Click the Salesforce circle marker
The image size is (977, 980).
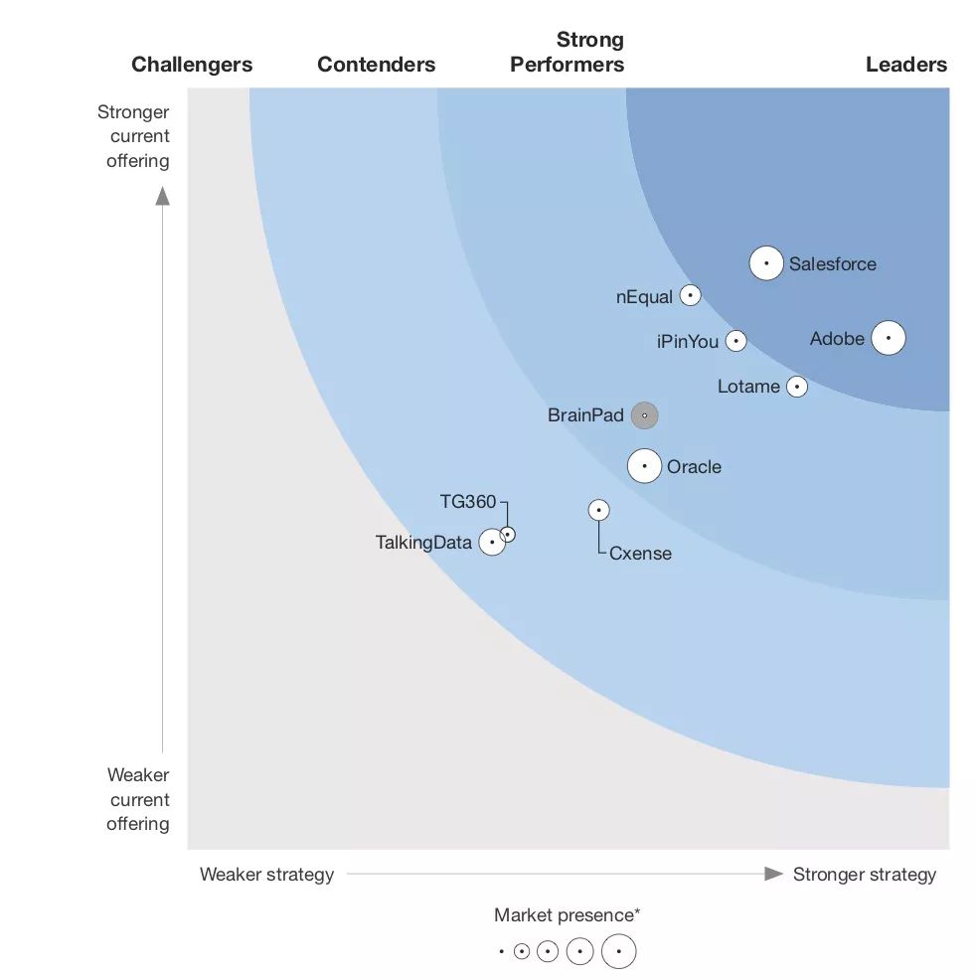tap(766, 263)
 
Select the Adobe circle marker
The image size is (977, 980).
tap(889, 339)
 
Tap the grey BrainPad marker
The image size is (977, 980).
tap(644, 415)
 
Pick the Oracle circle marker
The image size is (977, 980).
tap(644, 466)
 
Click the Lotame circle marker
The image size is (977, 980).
tap(797, 387)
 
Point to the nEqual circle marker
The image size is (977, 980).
tap(691, 295)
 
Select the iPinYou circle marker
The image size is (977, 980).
tap(735, 341)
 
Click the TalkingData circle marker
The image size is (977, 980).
tap(492, 543)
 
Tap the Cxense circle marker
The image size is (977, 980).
tap(598, 510)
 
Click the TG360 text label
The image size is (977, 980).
tap(467, 502)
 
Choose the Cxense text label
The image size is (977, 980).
tap(640, 554)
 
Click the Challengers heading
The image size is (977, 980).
tap(192, 65)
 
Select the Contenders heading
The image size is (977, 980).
tap(376, 65)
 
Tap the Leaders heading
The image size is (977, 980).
tap(905, 65)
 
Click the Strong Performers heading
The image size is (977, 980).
tap(568, 53)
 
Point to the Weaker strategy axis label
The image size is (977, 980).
tap(266, 875)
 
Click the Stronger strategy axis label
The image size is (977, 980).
tap(864, 875)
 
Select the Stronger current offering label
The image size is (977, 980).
tap(136, 136)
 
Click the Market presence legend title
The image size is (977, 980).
tap(567, 915)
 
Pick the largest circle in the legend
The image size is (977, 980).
tap(618, 951)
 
